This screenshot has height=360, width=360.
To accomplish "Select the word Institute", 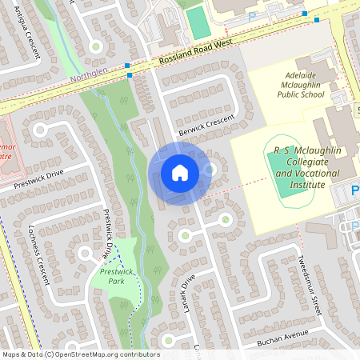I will pos(306,184).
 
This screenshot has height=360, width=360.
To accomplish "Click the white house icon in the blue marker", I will pos(179,172).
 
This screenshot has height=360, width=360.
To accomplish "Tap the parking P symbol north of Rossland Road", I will pos(252,16).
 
